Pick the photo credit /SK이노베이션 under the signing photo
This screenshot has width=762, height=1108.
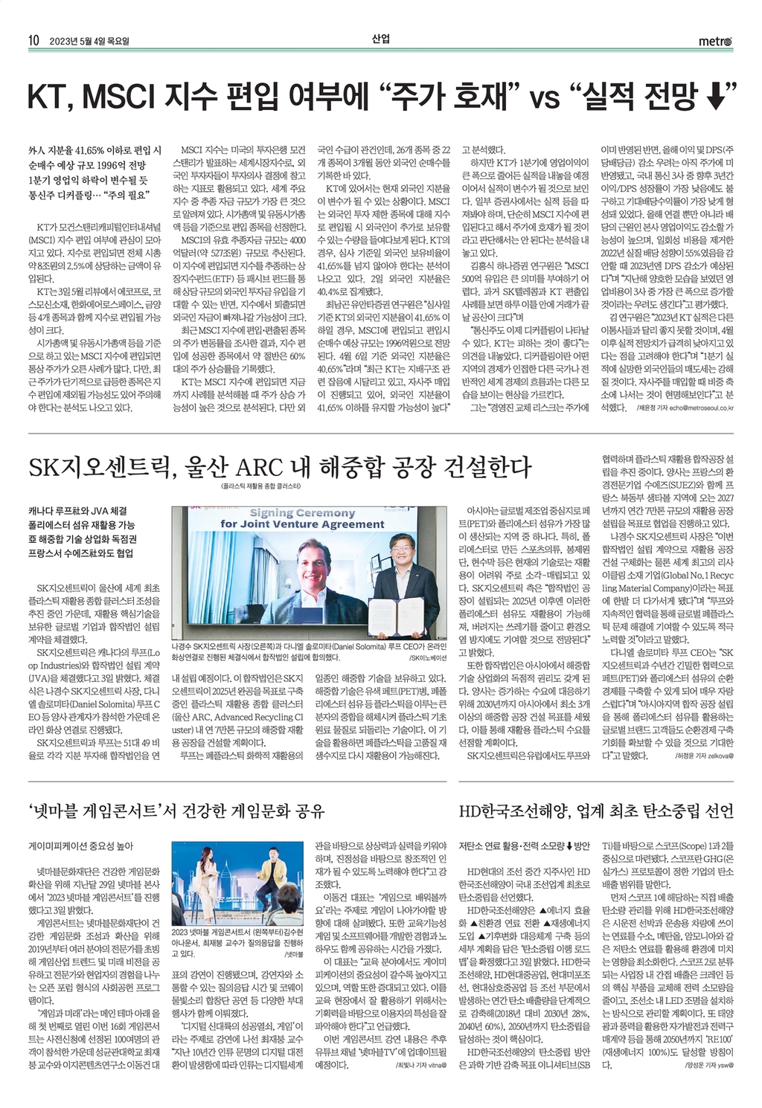(428, 658)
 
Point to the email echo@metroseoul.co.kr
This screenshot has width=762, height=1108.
(700, 408)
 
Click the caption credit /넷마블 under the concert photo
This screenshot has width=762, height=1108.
(294, 953)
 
